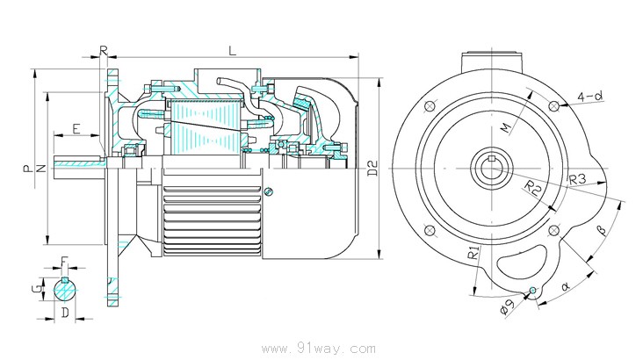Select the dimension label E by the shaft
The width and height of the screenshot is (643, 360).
pos(76,129)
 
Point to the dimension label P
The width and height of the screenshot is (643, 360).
pos(28,165)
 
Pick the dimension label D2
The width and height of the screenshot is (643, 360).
pos(372,167)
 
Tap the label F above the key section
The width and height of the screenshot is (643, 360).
pos(65,261)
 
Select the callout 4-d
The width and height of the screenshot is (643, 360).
pos(589,95)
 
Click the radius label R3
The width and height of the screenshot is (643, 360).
pos(577,180)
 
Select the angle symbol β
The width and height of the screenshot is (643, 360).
pos(602,230)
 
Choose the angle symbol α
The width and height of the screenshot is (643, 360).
pos(565,284)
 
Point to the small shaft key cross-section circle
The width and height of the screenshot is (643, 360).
pos(64,287)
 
